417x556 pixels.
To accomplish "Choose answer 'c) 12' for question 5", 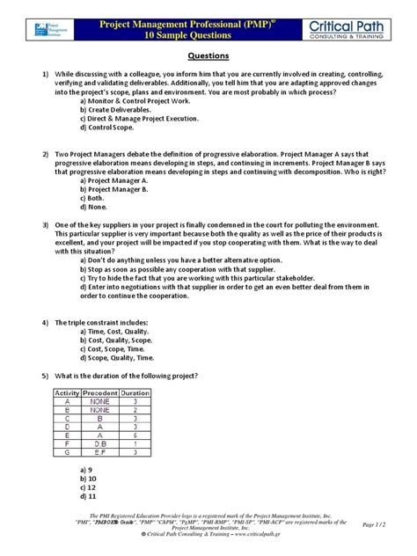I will (x=87, y=486).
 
